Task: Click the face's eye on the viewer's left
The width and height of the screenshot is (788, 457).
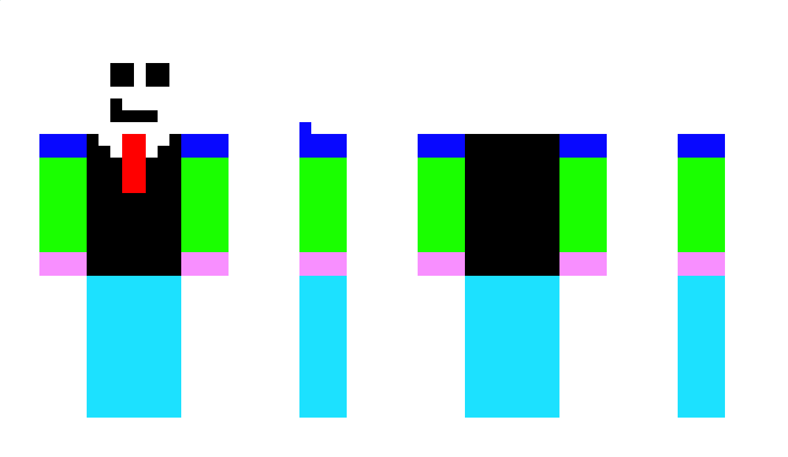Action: pyautogui.click(x=122, y=75)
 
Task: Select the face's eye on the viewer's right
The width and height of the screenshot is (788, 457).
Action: pyautogui.click(x=158, y=75)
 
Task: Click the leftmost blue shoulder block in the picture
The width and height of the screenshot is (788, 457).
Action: pyautogui.click(x=63, y=146)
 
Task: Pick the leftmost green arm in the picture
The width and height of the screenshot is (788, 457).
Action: pyautogui.click(x=63, y=205)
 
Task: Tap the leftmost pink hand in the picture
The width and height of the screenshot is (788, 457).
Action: pyautogui.click(x=63, y=264)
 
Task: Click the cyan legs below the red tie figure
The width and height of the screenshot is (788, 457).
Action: pyautogui.click(x=134, y=346)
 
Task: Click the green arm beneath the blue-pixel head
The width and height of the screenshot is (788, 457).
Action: pyautogui.click(x=323, y=205)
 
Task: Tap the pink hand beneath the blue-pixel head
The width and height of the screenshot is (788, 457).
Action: pyautogui.click(x=323, y=264)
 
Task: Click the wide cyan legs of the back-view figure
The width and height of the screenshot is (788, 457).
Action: pyautogui.click(x=512, y=346)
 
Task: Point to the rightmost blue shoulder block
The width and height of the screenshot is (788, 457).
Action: pyautogui.click(x=701, y=146)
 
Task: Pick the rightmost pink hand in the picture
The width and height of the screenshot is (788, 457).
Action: pyautogui.click(x=701, y=264)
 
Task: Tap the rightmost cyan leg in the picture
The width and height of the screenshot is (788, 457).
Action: pyautogui.click(x=701, y=346)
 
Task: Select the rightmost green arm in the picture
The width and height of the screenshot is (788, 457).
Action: pyautogui.click(x=701, y=205)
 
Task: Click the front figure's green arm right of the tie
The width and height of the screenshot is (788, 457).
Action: pyautogui.click(x=205, y=205)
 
